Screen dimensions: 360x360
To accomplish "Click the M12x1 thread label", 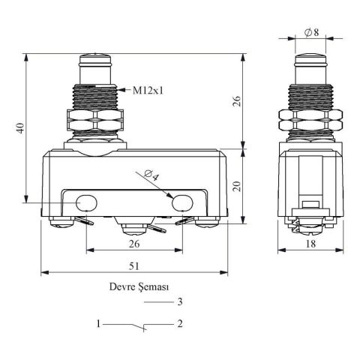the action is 148,90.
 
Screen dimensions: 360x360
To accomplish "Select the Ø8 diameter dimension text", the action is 311,32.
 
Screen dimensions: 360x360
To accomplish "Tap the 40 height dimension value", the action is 21,127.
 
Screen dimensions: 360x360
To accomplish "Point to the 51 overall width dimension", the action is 134,266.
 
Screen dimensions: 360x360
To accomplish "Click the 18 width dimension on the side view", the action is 310,244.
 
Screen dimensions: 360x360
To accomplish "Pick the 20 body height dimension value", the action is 236,186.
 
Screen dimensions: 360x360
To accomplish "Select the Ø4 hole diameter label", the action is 152,175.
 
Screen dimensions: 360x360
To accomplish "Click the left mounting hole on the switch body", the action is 86,203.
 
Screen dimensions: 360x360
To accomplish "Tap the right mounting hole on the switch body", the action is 182,203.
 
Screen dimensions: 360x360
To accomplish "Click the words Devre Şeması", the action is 139,286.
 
